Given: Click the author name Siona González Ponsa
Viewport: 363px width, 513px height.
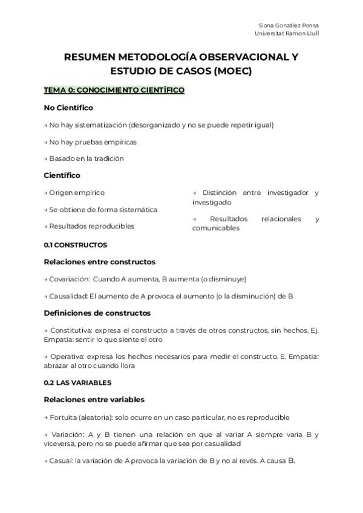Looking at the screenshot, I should click(x=289, y=25).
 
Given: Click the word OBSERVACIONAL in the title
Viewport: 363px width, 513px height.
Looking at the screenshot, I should click(x=236, y=58).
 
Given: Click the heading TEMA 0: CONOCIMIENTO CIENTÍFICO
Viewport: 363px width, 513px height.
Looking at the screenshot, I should click(x=114, y=90).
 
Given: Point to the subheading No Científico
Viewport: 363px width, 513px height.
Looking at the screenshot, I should click(x=68, y=108).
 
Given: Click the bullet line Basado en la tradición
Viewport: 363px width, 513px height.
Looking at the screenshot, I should click(x=86, y=158).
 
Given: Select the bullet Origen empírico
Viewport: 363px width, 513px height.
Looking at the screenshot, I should click(x=77, y=192).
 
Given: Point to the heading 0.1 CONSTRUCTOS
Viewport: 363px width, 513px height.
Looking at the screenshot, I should click(x=76, y=245).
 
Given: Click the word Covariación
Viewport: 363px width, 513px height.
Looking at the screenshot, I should click(x=69, y=279).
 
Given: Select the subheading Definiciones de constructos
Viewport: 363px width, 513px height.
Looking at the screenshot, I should click(x=97, y=313).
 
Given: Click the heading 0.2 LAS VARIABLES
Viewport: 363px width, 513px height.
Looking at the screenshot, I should click(x=77, y=383).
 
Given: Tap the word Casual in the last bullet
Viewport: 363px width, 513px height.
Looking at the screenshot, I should click(x=60, y=460).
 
